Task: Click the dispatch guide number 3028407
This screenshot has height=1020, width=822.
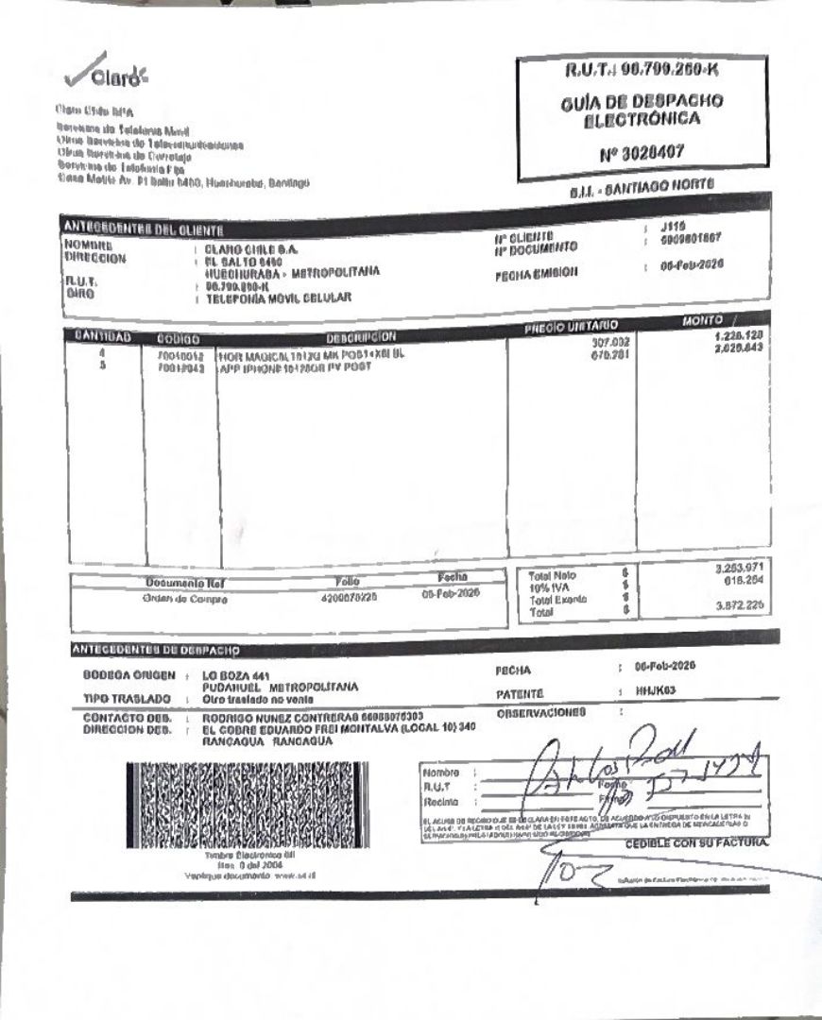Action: coord(642,152)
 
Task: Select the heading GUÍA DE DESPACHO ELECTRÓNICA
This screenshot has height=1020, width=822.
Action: coord(642,110)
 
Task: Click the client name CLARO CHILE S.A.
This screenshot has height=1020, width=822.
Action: coord(251,249)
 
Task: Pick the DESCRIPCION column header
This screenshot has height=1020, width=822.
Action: coord(360,336)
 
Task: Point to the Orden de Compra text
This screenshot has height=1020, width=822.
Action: coord(184,598)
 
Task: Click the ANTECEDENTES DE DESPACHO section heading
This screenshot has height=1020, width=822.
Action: coord(155,650)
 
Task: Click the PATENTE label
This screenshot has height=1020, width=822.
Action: coord(519,692)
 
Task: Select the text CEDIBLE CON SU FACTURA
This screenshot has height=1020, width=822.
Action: coord(696,841)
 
